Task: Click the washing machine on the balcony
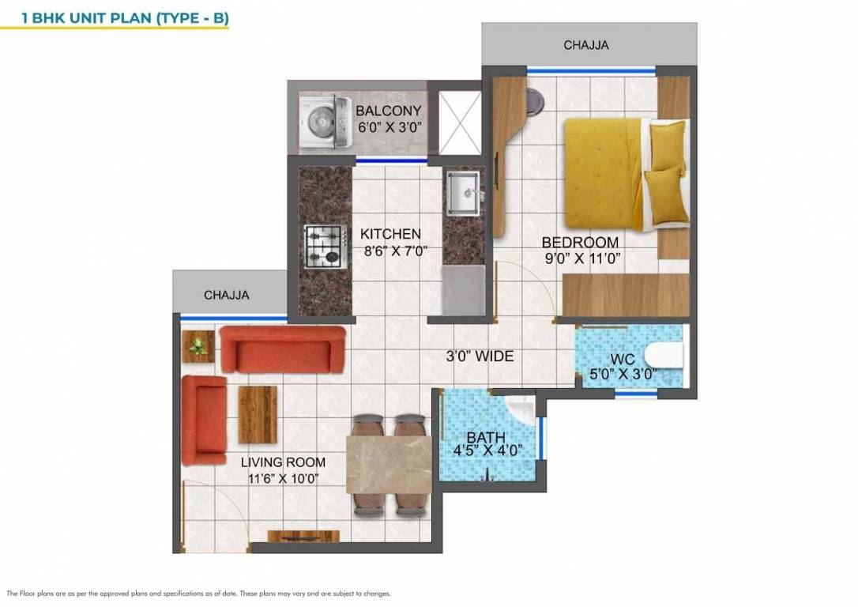click(324, 122)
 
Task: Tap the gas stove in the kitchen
click(325, 244)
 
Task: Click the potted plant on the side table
click(198, 345)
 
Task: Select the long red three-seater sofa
click(282, 349)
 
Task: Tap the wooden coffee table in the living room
click(258, 414)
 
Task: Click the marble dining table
click(389, 464)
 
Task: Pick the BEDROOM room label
click(580, 242)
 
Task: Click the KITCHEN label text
click(390, 234)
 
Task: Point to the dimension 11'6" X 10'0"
click(283, 478)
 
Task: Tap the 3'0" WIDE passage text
click(479, 356)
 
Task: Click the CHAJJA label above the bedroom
click(585, 45)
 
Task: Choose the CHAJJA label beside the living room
click(226, 295)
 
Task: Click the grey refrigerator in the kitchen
click(463, 290)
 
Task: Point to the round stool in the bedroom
click(535, 99)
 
